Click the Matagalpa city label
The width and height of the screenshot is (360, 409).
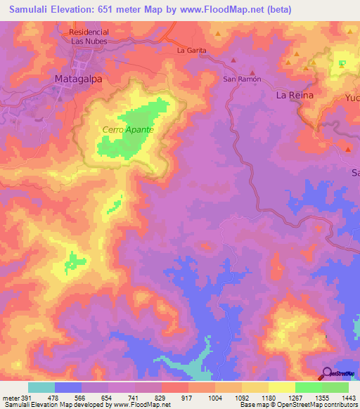[78, 79]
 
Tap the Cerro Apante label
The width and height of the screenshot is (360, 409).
[128, 130]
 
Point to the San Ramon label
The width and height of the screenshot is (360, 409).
[242, 79]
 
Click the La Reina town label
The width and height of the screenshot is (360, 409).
[294, 94]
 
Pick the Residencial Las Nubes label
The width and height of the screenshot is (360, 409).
[87, 37]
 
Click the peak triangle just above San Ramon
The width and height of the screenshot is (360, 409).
[252, 72]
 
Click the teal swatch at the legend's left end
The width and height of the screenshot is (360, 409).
[41, 387]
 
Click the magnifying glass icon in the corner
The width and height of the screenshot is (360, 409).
[326, 373]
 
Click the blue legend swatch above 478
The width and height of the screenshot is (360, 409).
[68, 387]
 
